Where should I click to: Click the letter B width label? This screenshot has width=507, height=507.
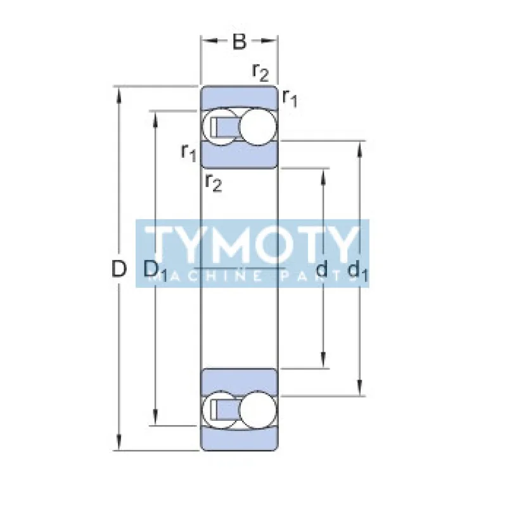tap(240, 42)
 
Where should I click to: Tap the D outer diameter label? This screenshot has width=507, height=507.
tap(119, 269)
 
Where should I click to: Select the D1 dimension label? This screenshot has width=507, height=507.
tap(155, 271)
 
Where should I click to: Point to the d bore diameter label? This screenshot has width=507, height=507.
tap(321, 268)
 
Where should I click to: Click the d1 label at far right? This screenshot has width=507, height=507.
tap(357, 271)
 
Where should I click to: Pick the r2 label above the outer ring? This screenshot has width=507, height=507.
tap(260, 72)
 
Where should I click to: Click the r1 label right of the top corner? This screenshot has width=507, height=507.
tap(290, 98)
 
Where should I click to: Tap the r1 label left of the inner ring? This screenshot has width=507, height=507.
tap(189, 152)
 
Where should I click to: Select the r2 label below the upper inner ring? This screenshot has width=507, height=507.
tap(214, 183)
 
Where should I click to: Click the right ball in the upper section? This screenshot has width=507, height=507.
tap(258, 127)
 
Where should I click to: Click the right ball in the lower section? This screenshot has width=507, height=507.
tap(258, 410)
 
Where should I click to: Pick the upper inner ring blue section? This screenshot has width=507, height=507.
tap(240, 155)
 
